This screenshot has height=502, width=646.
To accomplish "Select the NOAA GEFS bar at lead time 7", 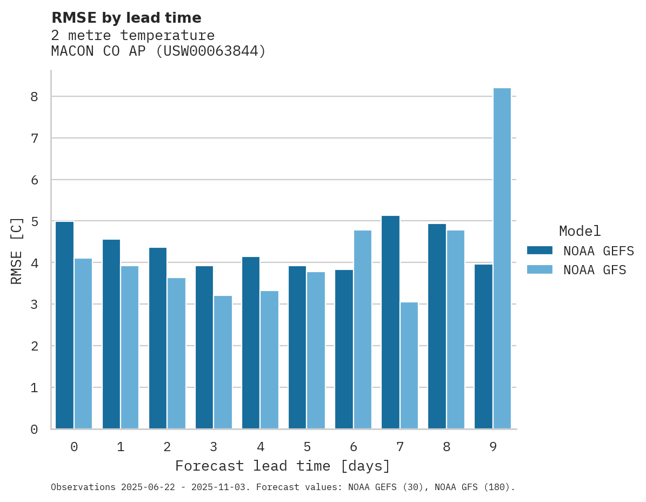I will tap(390, 322).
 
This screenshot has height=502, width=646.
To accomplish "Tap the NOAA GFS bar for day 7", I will tap(409, 366).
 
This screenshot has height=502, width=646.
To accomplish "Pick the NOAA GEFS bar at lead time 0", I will tap(64, 325).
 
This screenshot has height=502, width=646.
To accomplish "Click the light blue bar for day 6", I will tap(363, 329).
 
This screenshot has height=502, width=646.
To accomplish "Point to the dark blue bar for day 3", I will tap(204, 347).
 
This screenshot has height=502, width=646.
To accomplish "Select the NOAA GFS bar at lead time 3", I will tap(223, 362).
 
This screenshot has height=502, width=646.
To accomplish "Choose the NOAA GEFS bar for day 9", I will tap(484, 347).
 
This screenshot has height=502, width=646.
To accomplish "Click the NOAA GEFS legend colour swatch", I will tap(540, 250).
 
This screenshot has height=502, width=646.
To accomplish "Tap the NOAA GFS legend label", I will tap(595, 270).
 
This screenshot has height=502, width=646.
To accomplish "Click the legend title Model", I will tap(580, 231).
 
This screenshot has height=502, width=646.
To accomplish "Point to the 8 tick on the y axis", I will tap(34, 97).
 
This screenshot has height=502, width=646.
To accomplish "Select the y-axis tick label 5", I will tap(34, 221).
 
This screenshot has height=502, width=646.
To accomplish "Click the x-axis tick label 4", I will tap(261, 447).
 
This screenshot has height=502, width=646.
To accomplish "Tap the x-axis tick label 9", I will tap(493, 447).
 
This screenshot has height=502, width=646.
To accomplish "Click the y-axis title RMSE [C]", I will tap(17, 250).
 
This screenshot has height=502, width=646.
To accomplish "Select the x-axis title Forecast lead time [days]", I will tap(283, 466).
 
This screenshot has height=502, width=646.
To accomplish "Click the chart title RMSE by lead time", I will tap(126, 18).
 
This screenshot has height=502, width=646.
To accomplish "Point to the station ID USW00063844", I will tap(211, 51).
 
